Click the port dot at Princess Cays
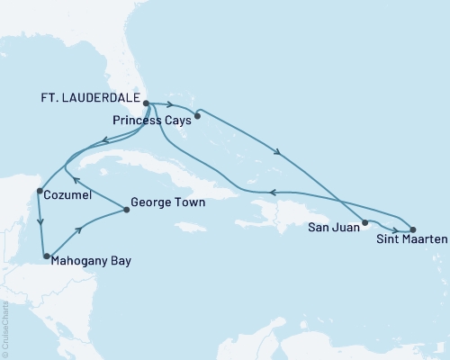(x=197, y=114)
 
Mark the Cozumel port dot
(x=38, y=191)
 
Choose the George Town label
(x=168, y=203)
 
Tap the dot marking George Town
(x=125, y=211)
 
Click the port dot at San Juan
(x=364, y=222)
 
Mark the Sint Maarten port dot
(x=413, y=229)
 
